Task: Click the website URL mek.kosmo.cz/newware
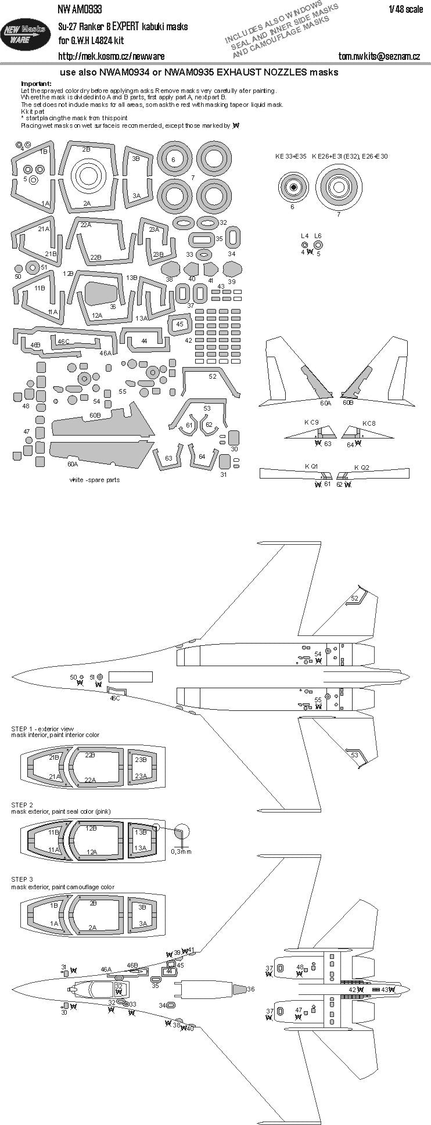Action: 111,56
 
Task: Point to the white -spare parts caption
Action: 94,480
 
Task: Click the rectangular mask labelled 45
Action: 180,325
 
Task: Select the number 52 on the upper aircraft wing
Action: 354,598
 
